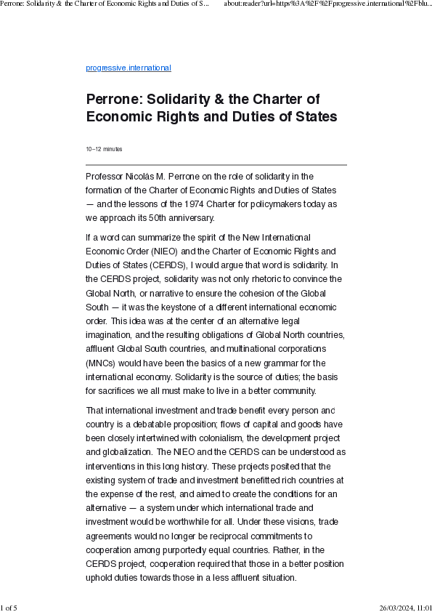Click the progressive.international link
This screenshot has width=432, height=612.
tap(129, 68)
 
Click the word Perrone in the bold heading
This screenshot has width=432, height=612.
tap(112, 99)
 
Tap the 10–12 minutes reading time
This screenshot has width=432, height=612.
tap(104, 149)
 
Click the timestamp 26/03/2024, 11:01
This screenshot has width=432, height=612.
tap(405, 607)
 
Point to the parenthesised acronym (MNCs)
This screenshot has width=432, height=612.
tap(103, 362)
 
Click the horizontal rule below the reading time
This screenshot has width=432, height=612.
tap(216, 165)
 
